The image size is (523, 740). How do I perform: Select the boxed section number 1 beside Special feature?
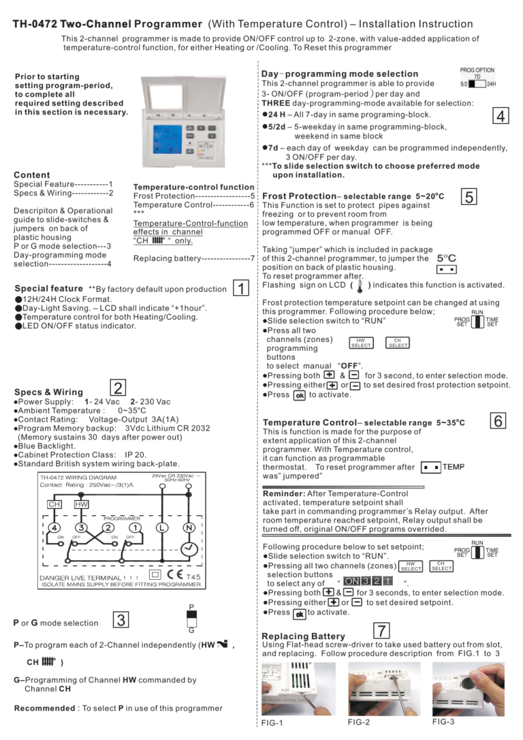[x=241, y=288]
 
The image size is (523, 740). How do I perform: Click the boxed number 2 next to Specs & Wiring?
[x=118, y=388]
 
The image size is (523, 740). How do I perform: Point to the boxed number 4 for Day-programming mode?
[x=501, y=116]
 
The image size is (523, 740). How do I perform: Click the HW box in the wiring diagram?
[x=81, y=504]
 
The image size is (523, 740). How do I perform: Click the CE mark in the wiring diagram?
[x=175, y=575]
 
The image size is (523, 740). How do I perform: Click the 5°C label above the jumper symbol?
[x=447, y=258]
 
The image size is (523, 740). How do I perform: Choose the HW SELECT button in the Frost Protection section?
[x=361, y=343]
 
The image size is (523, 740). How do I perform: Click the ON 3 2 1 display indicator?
[x=368, y=581]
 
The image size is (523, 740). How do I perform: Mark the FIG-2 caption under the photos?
[x=359, y=722]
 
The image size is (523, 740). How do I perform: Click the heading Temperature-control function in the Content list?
[x=193, y=187]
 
